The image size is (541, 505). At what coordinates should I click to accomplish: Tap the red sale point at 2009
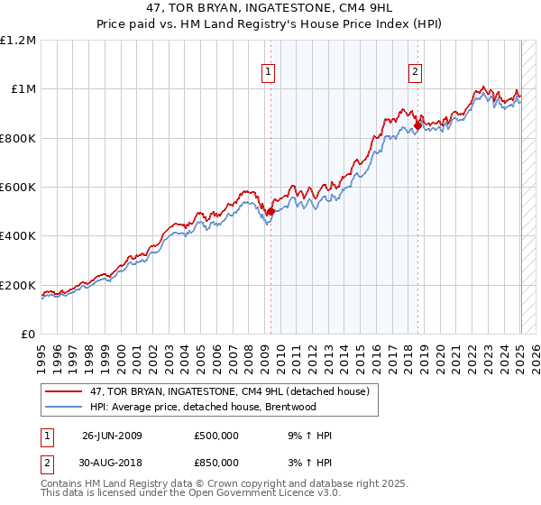(x=270, y=211)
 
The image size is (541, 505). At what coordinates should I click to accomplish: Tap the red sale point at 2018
(x=417, y=125)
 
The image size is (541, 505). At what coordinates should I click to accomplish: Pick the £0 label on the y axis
(x=28, y=335)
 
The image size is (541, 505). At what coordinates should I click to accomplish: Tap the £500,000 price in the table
(x=216, y=436)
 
